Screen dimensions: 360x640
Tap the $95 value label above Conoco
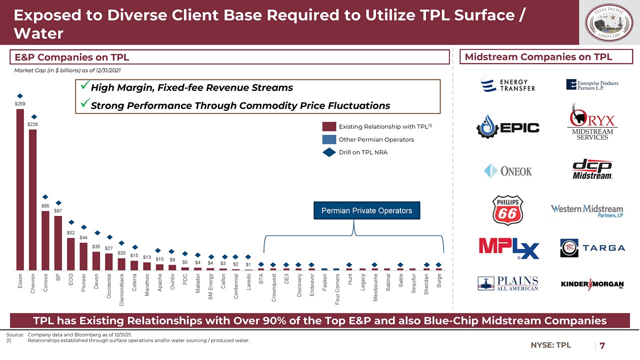45,206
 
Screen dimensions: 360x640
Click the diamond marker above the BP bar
58,203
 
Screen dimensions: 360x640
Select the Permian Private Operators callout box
366,210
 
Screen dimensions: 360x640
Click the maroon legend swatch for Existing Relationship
329,126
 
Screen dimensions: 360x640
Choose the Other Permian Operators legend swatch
329,139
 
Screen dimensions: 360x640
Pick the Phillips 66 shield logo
508,209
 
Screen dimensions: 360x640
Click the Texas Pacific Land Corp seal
609,23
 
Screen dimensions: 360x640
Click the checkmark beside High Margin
84,87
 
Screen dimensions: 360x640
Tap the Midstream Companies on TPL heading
538,57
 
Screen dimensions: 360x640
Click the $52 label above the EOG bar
71,233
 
